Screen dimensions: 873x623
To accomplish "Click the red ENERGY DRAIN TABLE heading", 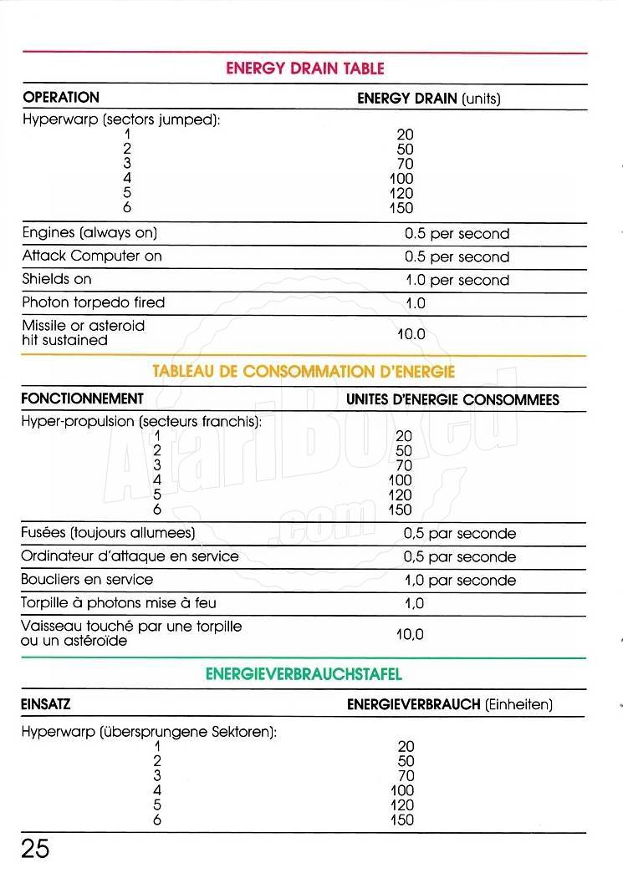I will [x=304, y=69].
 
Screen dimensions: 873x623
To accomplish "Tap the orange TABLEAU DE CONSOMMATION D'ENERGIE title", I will [x=304, y=372].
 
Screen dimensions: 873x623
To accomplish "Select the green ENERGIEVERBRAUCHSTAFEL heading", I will [x=304, y=673].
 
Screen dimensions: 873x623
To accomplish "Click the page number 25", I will [x=35, y=849].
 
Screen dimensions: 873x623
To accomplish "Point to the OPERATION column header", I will [x=61, y=98].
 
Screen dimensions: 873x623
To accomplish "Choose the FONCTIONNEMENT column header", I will [x=82, y=398].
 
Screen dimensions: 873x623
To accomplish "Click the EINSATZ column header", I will [x=46, y=704].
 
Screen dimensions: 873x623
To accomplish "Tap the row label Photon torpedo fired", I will [x=94, y=302].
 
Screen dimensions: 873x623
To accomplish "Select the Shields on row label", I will [x=57, y=279].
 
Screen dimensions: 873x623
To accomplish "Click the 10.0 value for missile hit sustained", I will [x=411, y=334].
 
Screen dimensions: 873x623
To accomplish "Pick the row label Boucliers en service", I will [x=88, y=579].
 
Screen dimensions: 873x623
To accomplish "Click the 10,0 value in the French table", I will [x=410, y=634].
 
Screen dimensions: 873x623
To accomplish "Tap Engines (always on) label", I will [x=89, y=233].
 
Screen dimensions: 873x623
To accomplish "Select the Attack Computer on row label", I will [x=92, y=256].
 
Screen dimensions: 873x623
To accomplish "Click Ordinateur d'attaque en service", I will [x=130, y=556].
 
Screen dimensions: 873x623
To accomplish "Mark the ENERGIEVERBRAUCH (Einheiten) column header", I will [x=450, y=705].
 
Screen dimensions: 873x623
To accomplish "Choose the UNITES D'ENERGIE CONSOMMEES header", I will [x=452, y=399].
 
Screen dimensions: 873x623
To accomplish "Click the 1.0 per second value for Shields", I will [x=457, y=280].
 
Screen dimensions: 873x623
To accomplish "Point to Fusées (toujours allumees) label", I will [x=109, y=532].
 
